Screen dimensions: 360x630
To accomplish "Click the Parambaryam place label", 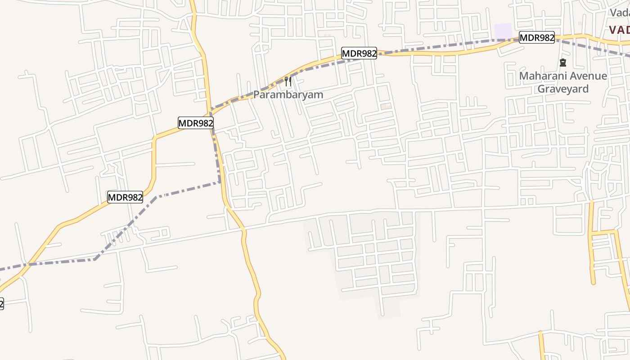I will [288, 95].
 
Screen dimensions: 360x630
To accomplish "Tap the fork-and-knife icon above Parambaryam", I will [288, 81].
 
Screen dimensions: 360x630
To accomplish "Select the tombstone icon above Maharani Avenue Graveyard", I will [562, 62].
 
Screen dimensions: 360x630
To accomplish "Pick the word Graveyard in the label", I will [563, 89].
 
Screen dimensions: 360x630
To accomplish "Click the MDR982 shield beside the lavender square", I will [536, 38].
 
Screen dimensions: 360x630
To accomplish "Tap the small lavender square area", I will [503, 31].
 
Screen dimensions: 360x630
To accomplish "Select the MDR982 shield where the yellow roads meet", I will [195, 123].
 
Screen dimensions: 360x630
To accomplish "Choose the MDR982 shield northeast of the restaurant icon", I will [359, 53].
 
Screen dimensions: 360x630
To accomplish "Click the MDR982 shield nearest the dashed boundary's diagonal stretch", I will [125, 197].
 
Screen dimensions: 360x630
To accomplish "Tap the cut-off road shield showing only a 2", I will [1, 304].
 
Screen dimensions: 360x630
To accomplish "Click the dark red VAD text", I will [619, 30].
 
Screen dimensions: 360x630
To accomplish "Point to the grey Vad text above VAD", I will [620, 13].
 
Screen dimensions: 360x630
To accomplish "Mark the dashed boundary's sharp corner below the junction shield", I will [220, 182].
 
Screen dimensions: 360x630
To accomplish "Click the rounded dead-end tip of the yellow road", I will [593, 282].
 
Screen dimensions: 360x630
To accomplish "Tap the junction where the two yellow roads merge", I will [210, 111].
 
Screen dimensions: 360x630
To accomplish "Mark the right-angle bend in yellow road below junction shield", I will [155, 138].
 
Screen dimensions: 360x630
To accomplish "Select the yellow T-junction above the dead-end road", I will [591, 233].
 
